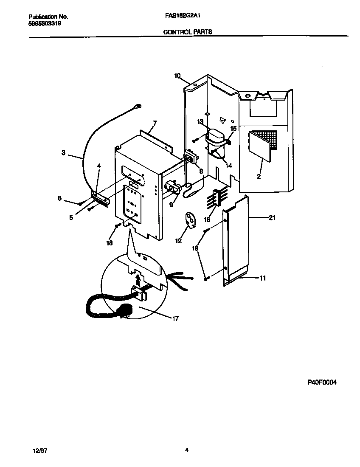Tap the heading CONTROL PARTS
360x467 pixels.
point(188,32)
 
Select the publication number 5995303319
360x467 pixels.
point(45,24)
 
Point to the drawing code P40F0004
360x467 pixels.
point(322,382)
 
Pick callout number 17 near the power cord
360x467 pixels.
point(175,318)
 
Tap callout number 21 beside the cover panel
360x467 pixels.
point(272,218)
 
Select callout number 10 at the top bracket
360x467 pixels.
point(177,76)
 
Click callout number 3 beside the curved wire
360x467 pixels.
point(63,153)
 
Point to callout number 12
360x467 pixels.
point(178,241)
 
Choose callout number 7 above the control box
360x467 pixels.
point(155,124)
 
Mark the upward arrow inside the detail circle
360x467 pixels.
point(138,280)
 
